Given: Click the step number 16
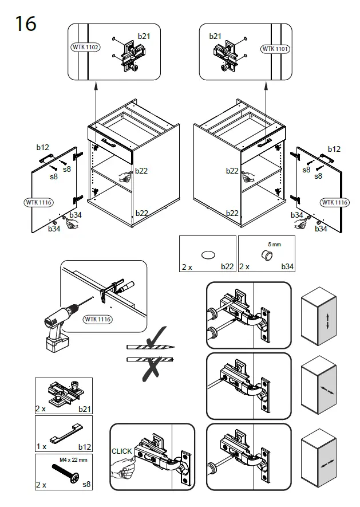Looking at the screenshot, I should point(26,23).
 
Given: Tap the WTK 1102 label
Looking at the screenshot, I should point(85,47).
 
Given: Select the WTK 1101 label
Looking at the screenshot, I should point(275,49).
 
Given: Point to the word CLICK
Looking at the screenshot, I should point(122,451).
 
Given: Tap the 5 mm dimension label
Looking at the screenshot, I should point(274,245).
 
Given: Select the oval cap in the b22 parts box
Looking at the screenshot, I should point(208,254).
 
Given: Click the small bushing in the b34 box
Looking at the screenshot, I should point(265,254).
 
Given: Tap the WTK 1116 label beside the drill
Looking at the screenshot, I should point(98,319).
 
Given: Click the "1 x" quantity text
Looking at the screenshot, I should point(41,446).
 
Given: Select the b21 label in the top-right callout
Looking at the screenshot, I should point(215,36).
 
